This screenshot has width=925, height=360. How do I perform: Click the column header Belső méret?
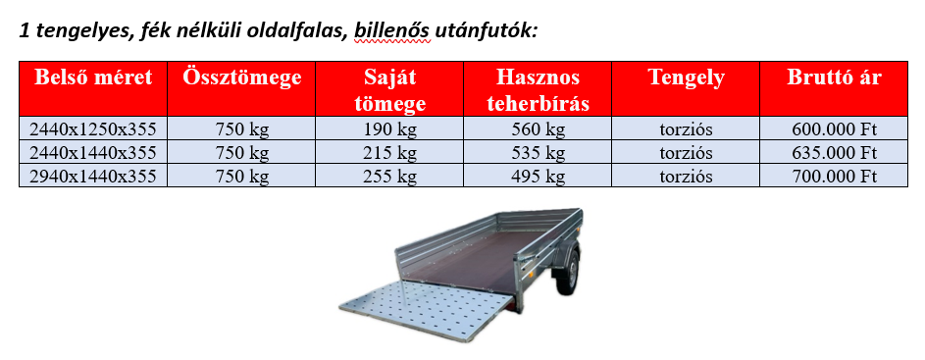93,77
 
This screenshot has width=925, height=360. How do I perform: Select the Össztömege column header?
242,77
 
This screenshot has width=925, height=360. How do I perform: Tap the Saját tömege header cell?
389,90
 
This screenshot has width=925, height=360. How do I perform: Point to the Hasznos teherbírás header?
538,90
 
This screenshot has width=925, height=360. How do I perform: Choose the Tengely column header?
686,77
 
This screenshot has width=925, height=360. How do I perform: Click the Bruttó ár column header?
834,77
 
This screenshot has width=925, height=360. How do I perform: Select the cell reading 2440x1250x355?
93,129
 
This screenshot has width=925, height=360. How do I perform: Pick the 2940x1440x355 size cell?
93,176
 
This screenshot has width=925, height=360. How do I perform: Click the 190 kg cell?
389,129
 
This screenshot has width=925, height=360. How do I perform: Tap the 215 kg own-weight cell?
389,153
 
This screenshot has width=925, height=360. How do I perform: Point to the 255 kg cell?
389,177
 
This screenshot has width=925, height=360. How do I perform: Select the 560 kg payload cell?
538,129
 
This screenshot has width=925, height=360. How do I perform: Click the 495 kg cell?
538,177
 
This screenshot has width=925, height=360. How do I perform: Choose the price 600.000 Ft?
834,129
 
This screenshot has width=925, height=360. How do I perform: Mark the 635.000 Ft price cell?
834,152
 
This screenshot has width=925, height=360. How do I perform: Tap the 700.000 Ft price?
834,176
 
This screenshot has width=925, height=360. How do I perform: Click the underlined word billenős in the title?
393,31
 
